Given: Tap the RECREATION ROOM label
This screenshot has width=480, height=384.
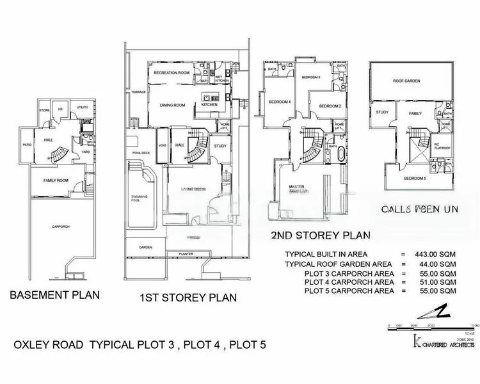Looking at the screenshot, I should click(x=172, y=74).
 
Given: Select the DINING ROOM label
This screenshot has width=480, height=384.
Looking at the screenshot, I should click(x=172, y=105).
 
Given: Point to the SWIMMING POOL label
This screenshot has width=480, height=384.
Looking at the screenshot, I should click(x=139, y=199).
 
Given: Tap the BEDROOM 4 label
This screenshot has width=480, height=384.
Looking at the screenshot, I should click(x=279, y=102).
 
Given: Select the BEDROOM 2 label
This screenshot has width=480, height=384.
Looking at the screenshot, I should click(x=330, y=106).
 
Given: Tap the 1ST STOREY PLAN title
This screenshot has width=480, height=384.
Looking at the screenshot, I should click(x=188, y=298).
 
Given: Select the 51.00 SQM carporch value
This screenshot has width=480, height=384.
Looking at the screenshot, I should click(x=436, y=281).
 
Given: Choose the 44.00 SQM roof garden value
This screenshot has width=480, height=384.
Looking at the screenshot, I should click(x=436, y=263).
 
